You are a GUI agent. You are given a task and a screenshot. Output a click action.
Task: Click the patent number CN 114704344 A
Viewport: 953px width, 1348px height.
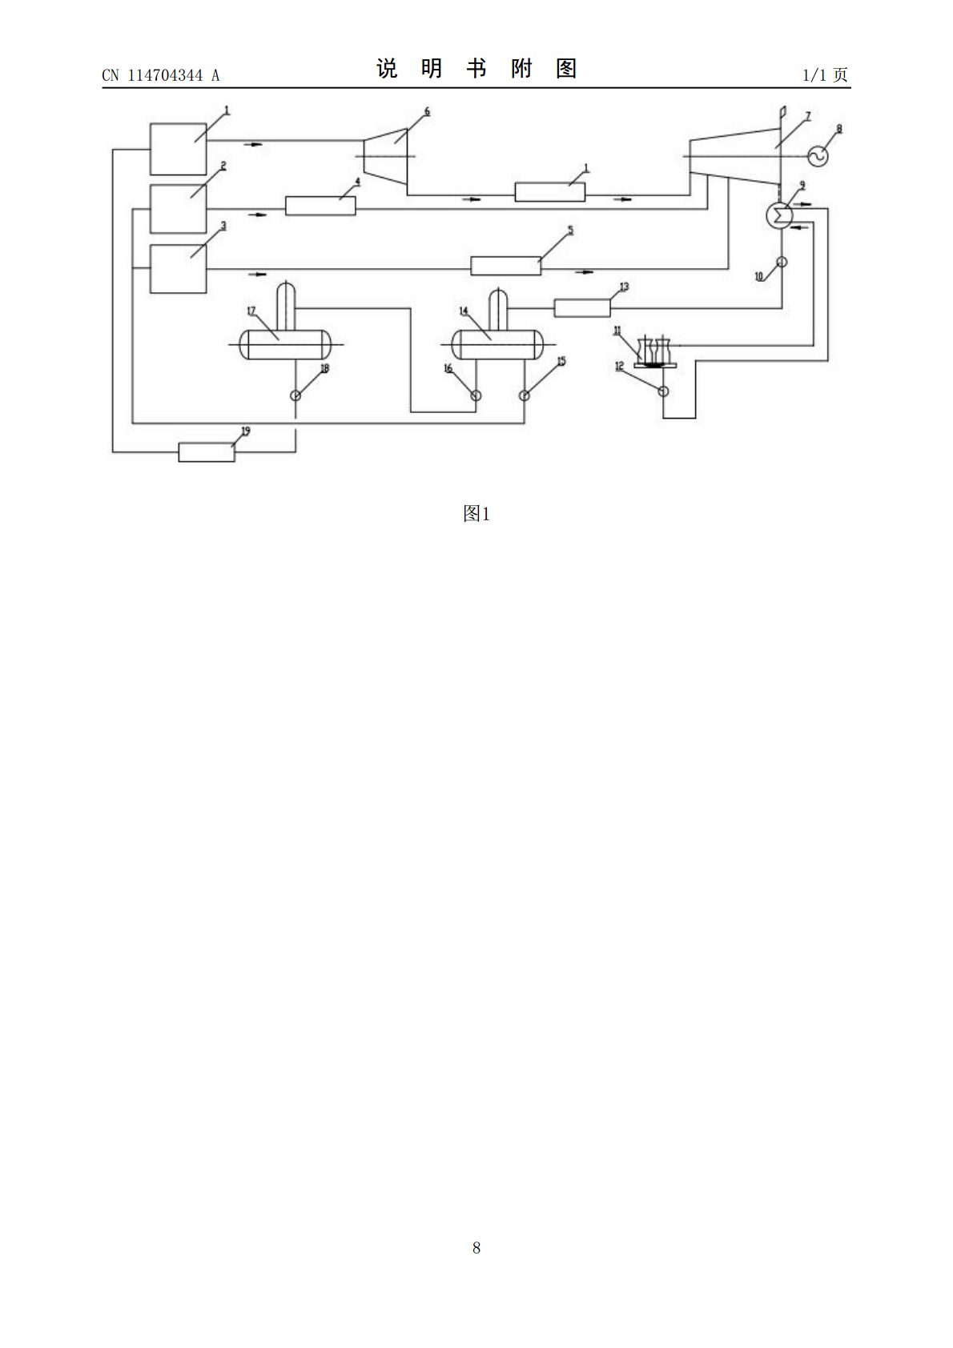pos(161,75)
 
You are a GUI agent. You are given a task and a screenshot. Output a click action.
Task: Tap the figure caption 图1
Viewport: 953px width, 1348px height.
pos(476,513)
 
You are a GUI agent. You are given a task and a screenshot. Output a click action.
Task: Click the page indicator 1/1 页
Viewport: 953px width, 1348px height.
pos(825,74)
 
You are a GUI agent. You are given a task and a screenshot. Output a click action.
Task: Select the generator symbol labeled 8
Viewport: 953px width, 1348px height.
pos(818,156)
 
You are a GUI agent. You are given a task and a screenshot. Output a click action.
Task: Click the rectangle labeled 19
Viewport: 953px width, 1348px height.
pos(207,452)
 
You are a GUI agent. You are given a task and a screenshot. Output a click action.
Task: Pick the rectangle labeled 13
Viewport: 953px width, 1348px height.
pos(582,308)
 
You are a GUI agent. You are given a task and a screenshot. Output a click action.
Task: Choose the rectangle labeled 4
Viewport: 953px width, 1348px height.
pos(320,206)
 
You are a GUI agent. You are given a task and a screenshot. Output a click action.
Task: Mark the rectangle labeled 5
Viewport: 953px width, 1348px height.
pos(505,266)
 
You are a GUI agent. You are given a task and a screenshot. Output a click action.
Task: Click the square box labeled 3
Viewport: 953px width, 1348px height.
pos(179,269)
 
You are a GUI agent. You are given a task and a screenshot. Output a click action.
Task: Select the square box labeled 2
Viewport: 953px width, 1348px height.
pos(179,209)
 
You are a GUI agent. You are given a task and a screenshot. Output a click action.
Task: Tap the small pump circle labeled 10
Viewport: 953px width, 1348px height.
pos(782,262)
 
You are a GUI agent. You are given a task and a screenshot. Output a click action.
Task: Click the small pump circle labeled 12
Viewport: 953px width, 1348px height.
pos(663,391)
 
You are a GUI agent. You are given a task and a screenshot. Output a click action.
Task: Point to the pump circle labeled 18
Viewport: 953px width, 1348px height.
pos(296,395)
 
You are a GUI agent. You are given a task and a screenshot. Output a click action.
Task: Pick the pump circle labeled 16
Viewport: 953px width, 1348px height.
pos(476,395)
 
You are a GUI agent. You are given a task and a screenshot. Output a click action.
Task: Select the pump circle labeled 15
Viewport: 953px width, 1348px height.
pos(525,395)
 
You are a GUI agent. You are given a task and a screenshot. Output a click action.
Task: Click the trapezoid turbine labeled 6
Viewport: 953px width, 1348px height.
pos(386,156)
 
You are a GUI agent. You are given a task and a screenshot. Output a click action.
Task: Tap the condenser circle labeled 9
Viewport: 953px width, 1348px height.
pos(779,215)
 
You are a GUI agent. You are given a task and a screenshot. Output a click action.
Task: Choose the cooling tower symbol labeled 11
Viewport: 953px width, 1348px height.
pos(655,353)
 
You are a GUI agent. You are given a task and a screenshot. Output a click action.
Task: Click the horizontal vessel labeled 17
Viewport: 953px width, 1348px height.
pos(285,345)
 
